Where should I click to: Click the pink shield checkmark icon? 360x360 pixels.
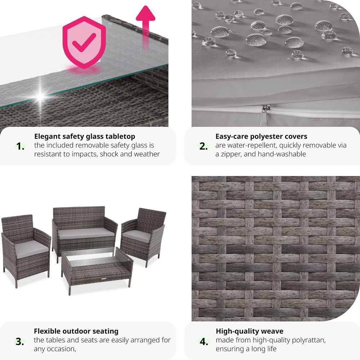pyautogui.click(x=84, y=42)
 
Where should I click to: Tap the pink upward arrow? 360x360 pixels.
pyautogui.click(x=145, y=27)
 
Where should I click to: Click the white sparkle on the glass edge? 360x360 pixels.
pyautogui.click(x=40, y=96)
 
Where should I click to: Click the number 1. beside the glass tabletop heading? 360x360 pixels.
pyautogui.click(x=21, y=147)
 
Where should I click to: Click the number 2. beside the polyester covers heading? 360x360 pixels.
pyautogui.click(x=204, y=147)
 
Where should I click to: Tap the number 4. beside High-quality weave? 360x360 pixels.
pyautogui.click(x=204, y=341)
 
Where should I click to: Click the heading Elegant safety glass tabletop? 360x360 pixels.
pyautogui.click(x=85, y=136)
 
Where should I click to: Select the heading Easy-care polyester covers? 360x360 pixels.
pyautogui.click(x=261, y=136)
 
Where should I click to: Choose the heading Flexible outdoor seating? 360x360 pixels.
pyautogui.click(x=76, y=331)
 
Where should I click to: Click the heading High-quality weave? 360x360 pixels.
pyautogui.click(x=249, y=331)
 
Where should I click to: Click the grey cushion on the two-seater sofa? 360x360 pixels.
pyautogui.click(x=86, y=233)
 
